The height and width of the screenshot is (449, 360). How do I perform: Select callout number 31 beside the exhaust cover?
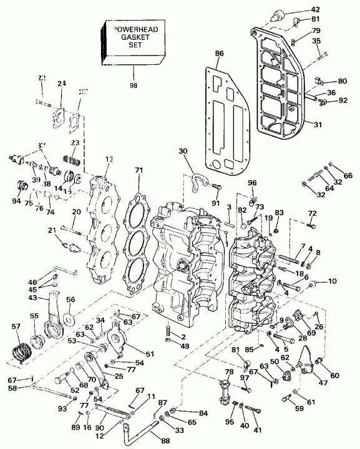318,124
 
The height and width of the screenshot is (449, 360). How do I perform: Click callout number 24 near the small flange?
61,84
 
